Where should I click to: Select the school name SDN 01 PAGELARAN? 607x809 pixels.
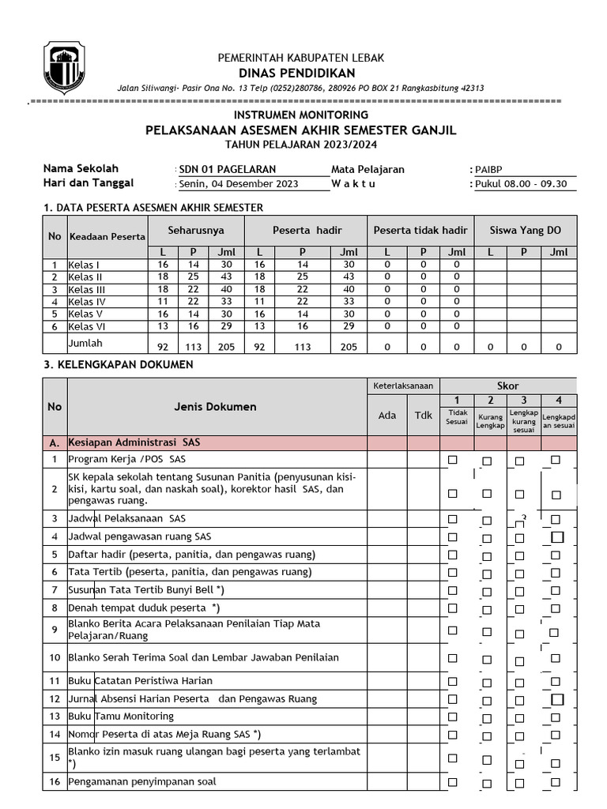217,170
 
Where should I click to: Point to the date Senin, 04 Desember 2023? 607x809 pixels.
239,184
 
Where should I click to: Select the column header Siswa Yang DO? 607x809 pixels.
526,230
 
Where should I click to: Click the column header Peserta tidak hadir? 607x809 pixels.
420,230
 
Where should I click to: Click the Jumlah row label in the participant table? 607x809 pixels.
85,344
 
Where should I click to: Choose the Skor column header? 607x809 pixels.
507,385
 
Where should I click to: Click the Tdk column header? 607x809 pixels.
424,416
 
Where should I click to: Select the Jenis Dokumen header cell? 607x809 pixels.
215,407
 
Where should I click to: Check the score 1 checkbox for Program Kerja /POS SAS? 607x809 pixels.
453,460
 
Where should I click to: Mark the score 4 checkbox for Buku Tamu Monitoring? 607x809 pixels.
556,717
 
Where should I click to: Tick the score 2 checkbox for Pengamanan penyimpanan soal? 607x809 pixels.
487,783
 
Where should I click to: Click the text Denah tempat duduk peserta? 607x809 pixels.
142,608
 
